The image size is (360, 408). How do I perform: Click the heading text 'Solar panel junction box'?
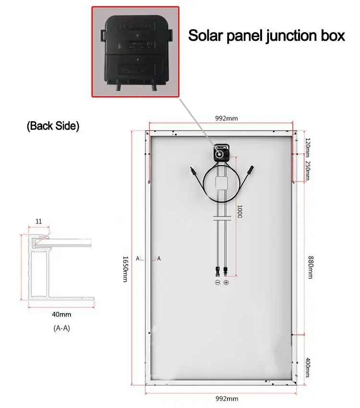[266, 36]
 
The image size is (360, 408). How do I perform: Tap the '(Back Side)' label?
[53, 126]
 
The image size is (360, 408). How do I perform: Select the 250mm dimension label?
[308, 170]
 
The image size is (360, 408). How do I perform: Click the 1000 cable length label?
[240, 212]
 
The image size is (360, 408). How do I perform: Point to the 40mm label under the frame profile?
[61, 314]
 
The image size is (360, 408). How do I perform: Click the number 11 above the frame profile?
[38, 221]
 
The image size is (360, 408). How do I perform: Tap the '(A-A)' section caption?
[61, 330]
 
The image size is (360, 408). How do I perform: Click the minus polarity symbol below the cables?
[217, 283]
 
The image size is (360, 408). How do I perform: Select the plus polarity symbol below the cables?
[226, 283]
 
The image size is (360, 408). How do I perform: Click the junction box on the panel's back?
[222, 152]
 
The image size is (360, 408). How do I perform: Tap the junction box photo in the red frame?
[135, 51]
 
